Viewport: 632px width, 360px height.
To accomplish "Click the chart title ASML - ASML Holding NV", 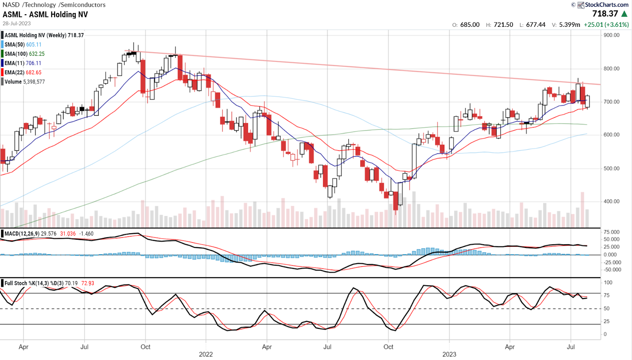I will pos(45,15).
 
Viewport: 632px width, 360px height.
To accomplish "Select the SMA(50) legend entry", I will pos(23,45).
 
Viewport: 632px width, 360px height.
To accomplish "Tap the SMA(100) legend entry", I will pos(24,54).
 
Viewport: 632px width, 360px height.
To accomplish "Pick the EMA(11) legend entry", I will pos(23,63).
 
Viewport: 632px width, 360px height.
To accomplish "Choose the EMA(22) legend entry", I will pos(23,73).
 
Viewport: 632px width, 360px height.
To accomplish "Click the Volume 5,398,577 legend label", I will pos(24,82).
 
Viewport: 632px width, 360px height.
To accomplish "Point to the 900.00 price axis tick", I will pos(611,35).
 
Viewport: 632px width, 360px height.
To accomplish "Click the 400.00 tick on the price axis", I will pos(611,201).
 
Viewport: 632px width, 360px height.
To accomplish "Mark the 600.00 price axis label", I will pos(611,135).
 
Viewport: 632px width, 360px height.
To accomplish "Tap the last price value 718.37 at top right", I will pos(605,14).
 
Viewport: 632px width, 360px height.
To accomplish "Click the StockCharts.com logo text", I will pos(606,5).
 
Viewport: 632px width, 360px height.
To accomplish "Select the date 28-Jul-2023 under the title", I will pos(17,24).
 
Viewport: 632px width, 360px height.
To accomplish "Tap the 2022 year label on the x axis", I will pos(206,354).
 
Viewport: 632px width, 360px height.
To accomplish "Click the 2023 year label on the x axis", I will pos(449,354).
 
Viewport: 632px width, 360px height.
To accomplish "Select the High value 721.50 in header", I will pos(503,24).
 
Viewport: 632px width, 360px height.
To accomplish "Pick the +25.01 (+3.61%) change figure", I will pos(606,24).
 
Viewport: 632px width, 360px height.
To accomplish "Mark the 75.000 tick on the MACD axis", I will pos(612,232).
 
